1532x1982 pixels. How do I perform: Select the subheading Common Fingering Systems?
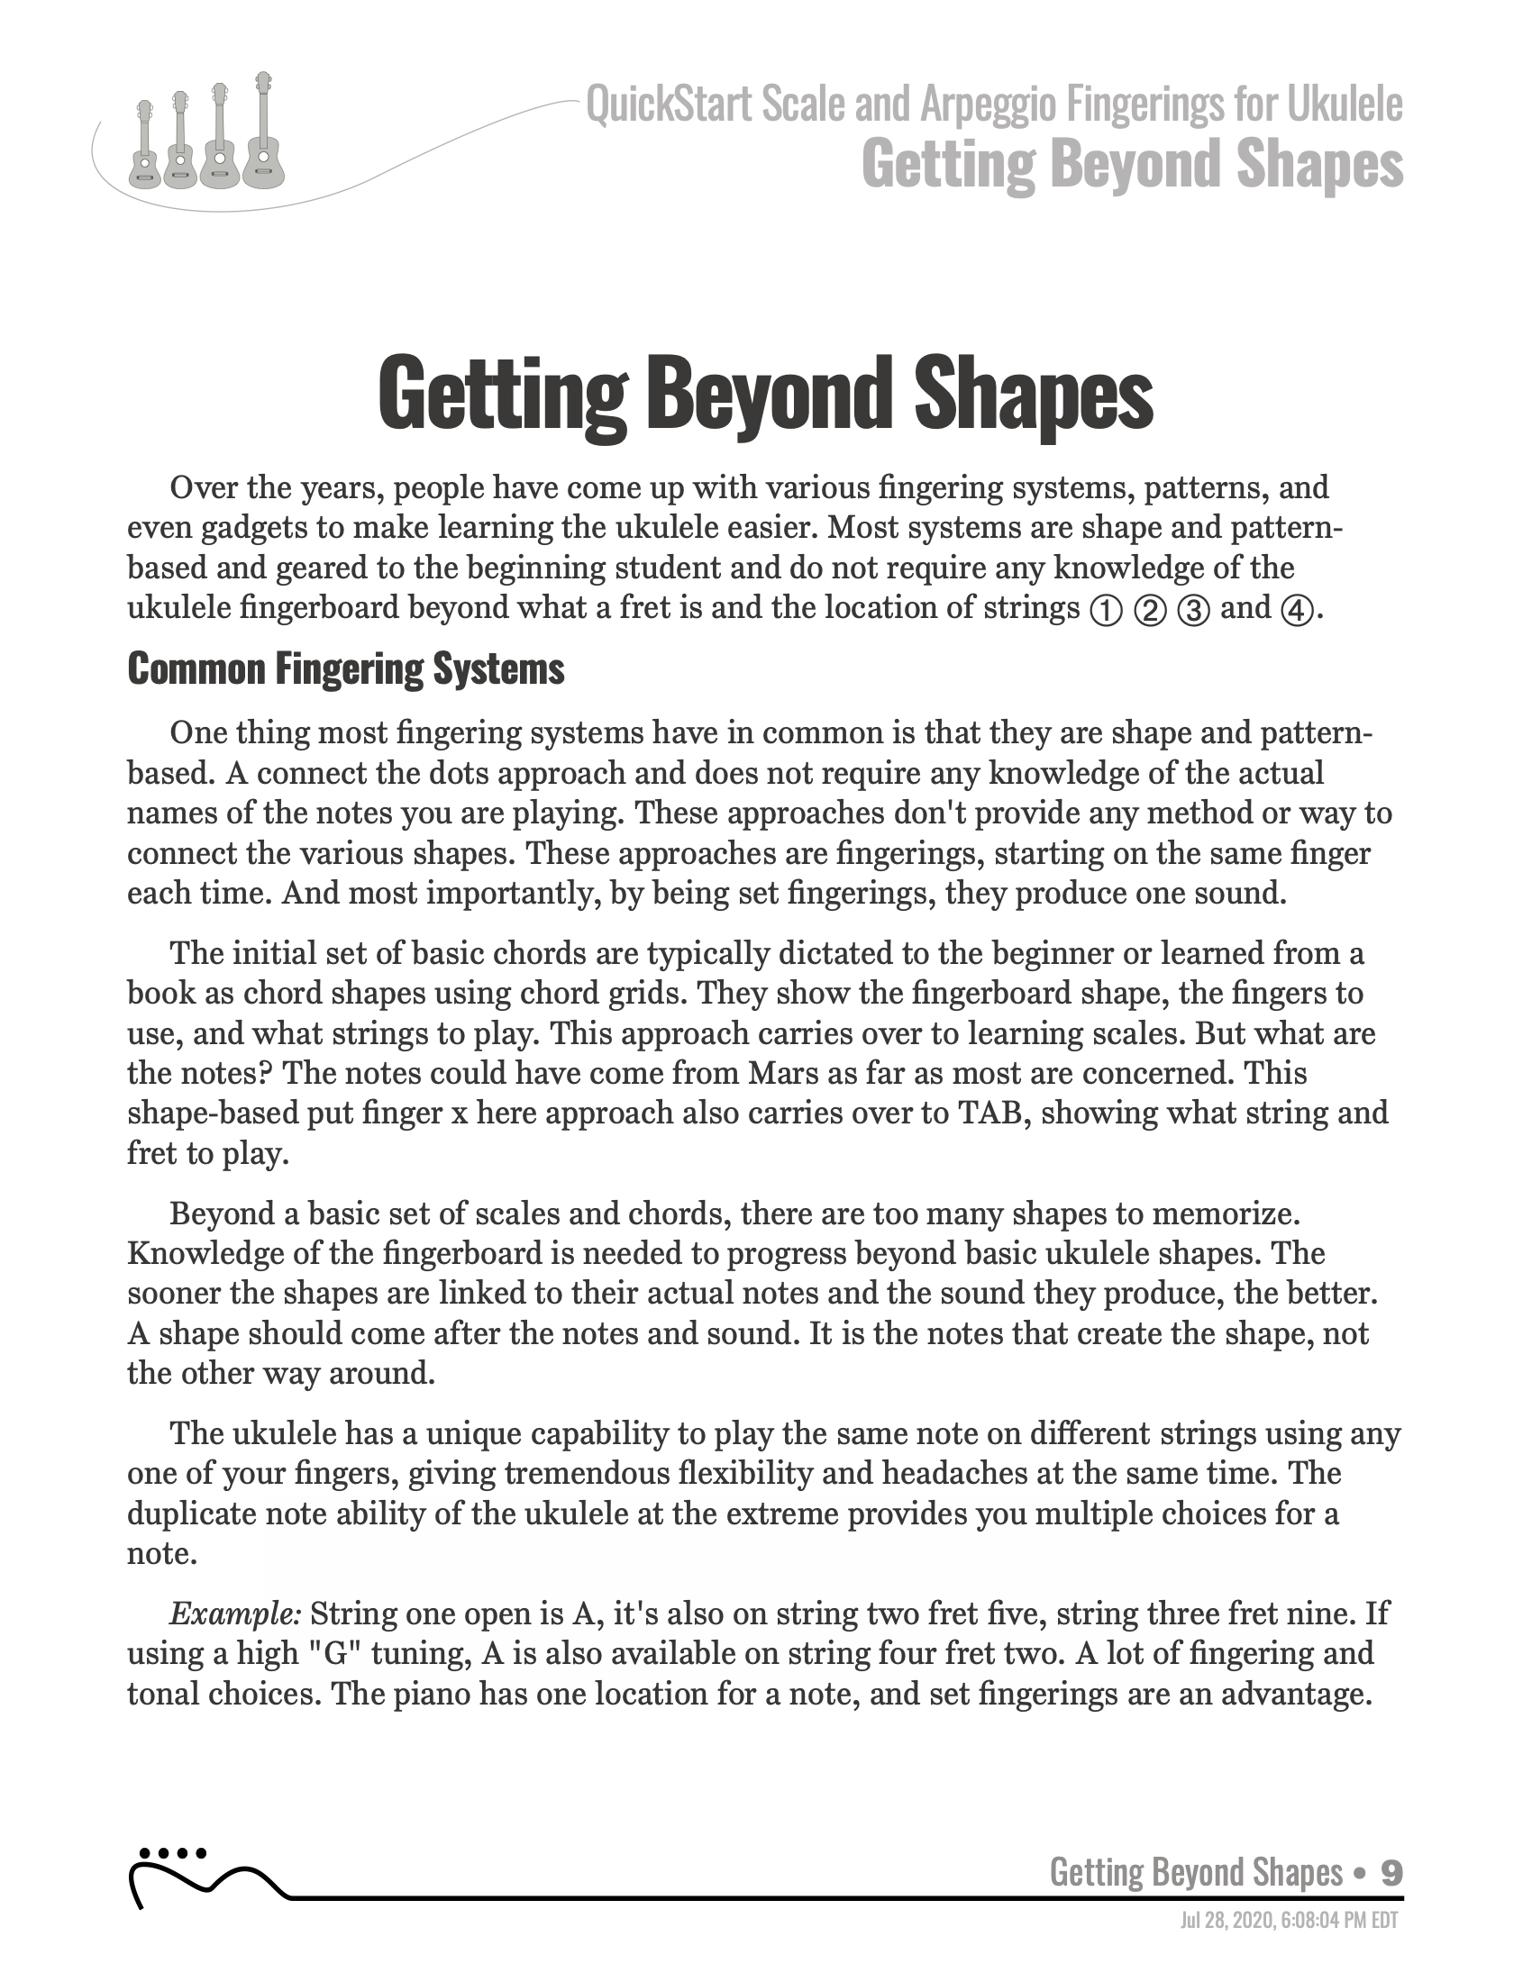click(x=346, y=669)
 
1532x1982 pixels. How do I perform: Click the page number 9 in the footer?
click(x=1391, y=1871)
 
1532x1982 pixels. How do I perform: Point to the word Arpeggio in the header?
click(x=989, y=105)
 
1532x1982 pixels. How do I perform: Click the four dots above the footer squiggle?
click(x=171, y=1852)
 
